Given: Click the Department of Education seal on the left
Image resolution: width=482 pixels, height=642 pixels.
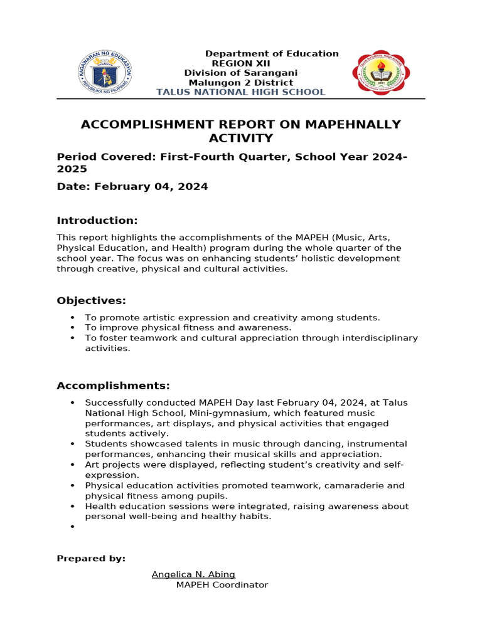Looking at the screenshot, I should click(104, 73).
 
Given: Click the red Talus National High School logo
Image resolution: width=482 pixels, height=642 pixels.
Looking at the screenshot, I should click(381, 73).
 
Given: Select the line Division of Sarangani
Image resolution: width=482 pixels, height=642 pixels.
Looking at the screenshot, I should click(240, 73).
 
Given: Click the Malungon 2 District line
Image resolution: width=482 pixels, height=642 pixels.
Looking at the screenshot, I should click(241, 83).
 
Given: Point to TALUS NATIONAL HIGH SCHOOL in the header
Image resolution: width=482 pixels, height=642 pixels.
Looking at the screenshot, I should click(240, 92).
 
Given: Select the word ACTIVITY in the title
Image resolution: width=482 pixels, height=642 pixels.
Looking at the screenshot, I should click(240, 139).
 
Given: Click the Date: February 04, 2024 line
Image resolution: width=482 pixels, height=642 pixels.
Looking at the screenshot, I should click(132, 187).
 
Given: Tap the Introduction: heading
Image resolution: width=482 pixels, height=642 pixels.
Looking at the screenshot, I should click(97, 221).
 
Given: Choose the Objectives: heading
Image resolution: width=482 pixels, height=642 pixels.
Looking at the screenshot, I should click(92, 301).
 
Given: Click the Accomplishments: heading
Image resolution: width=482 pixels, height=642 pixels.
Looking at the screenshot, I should click(113, 386).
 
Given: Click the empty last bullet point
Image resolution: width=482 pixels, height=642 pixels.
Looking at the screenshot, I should click(73, 527).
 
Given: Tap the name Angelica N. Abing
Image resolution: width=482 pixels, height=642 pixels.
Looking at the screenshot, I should click(193, 574).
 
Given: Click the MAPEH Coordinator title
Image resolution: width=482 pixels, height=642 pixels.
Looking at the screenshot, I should click(222, 585).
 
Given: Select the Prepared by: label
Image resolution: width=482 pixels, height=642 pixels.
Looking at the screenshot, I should click(91, 559).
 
